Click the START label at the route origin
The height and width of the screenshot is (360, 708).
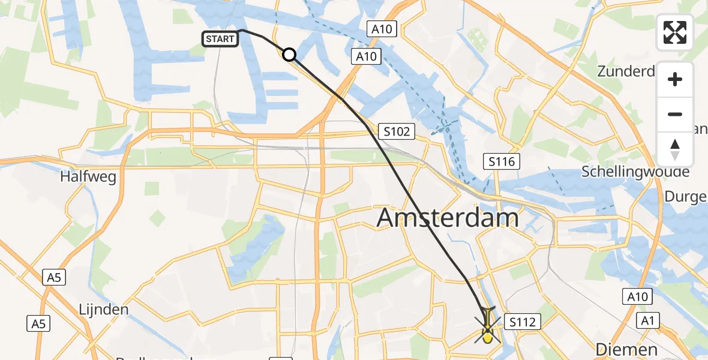pyautogui.click(x=220, y=39)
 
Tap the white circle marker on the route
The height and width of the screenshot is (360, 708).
pyautogui.click(x=289, y=55)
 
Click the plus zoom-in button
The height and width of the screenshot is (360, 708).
pyautogui.click(x=675, y=79)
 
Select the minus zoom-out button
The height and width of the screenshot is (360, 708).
pyautogui.click(x=675, y=114)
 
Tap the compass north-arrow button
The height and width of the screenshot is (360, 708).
pyautogui.click(x=675, y=149)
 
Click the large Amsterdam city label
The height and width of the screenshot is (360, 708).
pyautogui.click(x=448, y=218)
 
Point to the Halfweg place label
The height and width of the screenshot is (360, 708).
pyautogui.click(x=88, y=176)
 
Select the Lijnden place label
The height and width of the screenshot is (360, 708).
pyautogui.click(x=104, y=310)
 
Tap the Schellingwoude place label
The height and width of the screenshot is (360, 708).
pyautogui.click(x=635, y=172)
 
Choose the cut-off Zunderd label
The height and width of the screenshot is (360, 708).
pyautogui.click(x=626, y=71)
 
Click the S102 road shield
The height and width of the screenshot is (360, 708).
pyautogui.click(x=397, y=131)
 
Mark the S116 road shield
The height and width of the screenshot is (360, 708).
pyautogui.click(x=502, y=161)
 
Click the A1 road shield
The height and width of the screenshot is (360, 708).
pyautogui.click(x=647, y=321)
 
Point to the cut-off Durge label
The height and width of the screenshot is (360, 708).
pyautogui.click(x=686, y=196)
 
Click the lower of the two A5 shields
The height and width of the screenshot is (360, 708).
pyautogui.click(x=38, y=324)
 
